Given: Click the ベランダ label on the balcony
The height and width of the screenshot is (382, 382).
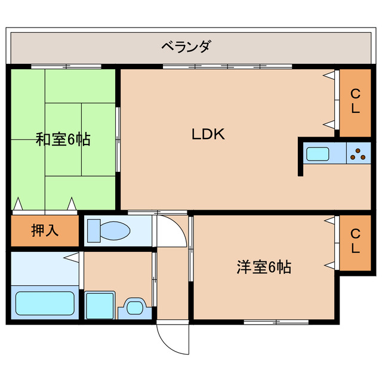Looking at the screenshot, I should click(186, 46).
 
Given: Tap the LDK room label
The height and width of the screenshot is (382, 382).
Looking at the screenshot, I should click(208, 134).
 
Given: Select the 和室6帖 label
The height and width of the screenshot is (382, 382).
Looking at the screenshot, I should click(63, 140).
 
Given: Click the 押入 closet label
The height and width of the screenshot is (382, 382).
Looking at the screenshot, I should click(45, 230).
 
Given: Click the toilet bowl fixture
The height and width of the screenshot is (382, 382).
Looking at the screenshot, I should click(110, 230).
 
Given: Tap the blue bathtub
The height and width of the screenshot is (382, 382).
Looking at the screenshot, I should click(45, 303).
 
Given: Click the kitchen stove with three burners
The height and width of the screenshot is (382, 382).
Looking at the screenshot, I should click(359, 154).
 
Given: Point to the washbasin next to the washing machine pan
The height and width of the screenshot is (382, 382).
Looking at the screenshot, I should click(135, 308).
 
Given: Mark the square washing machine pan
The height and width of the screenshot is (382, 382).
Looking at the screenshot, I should click(99, 305).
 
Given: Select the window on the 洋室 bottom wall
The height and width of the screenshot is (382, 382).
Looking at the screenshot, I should click(276, 322).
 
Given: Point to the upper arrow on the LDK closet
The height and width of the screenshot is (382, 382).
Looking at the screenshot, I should click(329, 76).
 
